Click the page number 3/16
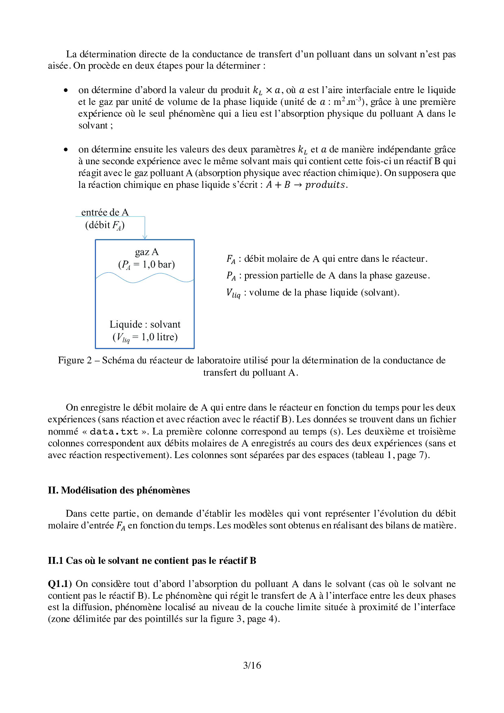(252, 665)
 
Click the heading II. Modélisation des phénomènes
(119, 490)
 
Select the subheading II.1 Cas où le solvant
(152, 561)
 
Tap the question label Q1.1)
(60, 584)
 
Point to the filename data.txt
(114, 432)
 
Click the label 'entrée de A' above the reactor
(105, 212)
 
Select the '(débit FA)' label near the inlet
(105, 225)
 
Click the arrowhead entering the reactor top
(145, 237)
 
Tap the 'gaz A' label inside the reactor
(146, 252)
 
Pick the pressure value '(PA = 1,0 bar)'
(146, 265)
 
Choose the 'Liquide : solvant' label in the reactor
(145, 324)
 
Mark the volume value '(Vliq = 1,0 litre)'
(145, 337)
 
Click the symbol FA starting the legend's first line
(231, 259)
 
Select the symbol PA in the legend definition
(231, 276)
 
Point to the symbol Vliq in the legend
(233, 293)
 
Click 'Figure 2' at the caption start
(75, 361)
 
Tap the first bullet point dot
(66, 90)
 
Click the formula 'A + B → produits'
(306, 185)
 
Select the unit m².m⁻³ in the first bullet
(348, 102)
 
